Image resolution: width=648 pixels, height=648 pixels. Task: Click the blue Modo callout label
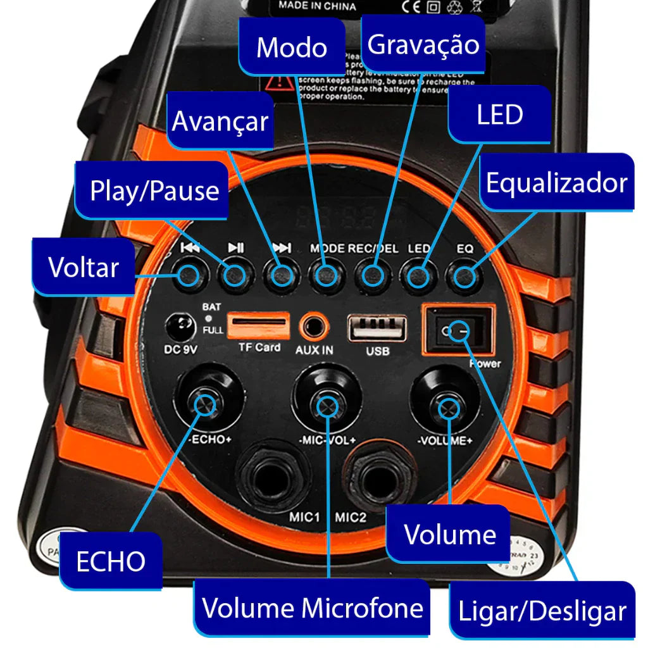tap(292, 48)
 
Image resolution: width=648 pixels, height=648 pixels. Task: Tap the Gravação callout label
tap(423, 45)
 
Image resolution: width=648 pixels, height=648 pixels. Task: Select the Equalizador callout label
tap(556, 183)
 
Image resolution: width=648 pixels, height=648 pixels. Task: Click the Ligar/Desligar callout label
tap(542, 611)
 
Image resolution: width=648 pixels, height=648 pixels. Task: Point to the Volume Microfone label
tap(313, 607)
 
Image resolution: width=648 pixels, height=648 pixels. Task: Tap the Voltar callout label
tap(84, 267)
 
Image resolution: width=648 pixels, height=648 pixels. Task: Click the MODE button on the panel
tap(326, 276)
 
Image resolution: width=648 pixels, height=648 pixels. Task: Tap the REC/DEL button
tap(372, 276)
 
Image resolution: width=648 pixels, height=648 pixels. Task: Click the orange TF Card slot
tap(258, 326)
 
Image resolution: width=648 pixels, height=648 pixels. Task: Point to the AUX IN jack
tap(315, 327)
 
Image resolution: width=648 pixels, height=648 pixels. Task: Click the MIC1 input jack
tap(273, 478)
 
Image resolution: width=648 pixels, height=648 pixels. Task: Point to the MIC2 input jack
tap(382, 478)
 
